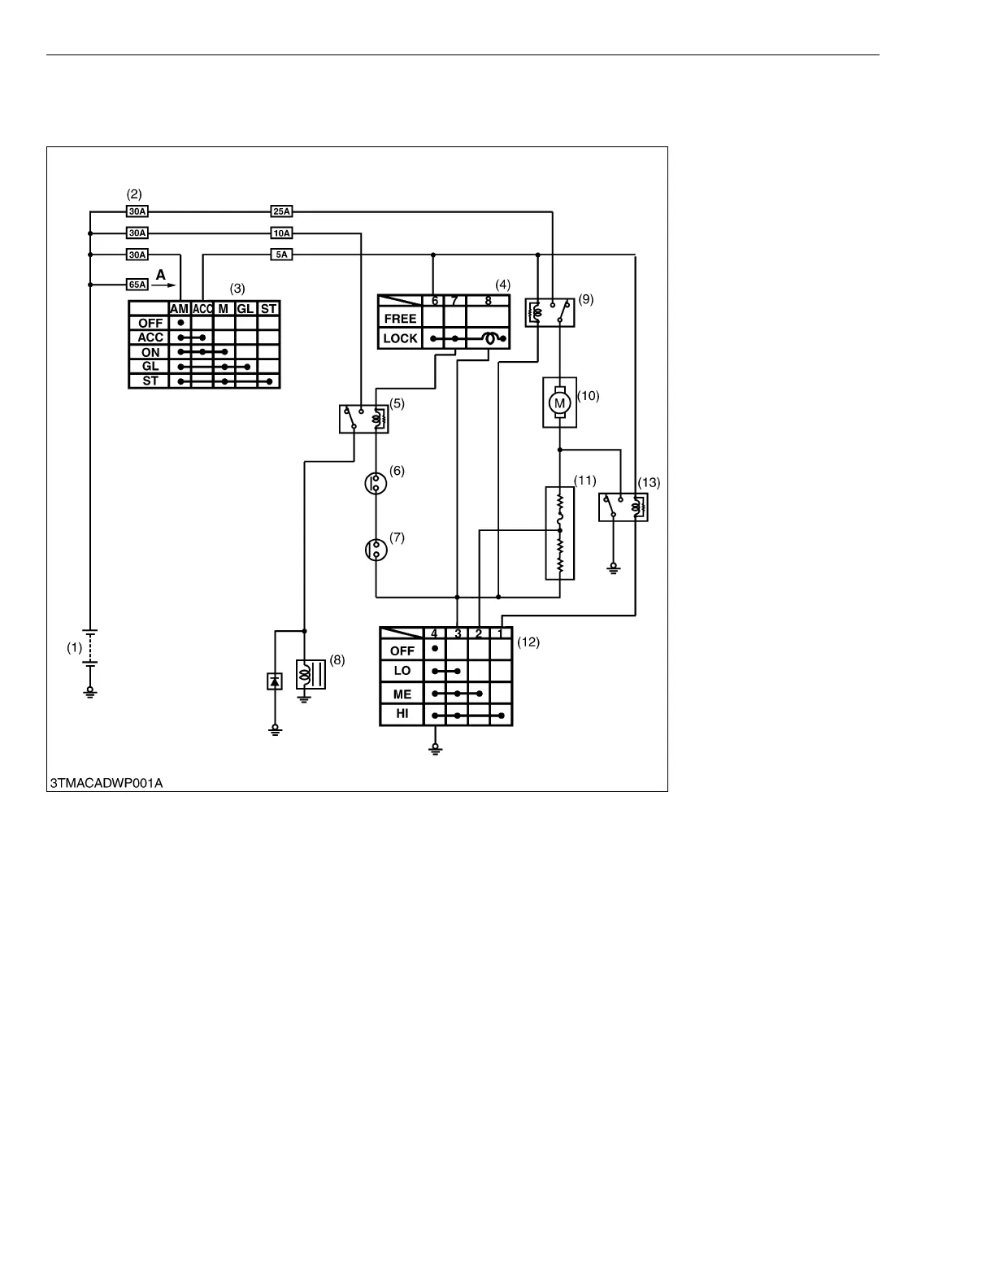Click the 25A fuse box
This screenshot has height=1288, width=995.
pyautogui.click(x=281, y=212)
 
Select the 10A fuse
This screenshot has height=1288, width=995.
pyautogui.click(x=281, y=233)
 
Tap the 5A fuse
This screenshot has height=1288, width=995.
pyautogui.click(x=281, y=255)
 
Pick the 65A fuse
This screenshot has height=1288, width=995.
pyautogui.click(x=137, y=285)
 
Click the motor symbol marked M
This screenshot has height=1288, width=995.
pyautogui.click(x=559, y=402)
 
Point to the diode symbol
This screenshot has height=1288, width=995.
pyautogui.click(x=275, y=681)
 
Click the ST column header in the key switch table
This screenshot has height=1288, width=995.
pyautogui.click(x=269, y=309)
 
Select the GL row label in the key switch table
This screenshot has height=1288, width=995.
pyautogui.click(x=150, y=367)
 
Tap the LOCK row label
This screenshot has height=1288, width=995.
pyautogui.click(x=400, y=338)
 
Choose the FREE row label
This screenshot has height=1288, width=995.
pyautogui.click(x=400, y=319)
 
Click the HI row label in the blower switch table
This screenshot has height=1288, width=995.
pyautogui.click(x=402, y=715)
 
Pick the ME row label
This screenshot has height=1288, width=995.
pyautogui.click(x=402, y=694)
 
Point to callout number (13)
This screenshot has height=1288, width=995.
pyautogui.click(x=649, y=482)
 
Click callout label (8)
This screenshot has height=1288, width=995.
pyautogui.click(x=337, y=660)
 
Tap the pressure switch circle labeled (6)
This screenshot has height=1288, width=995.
pyautogui.click(x=376, y=483)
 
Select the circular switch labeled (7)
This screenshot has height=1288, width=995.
pyautogui.click(x=376, y=550)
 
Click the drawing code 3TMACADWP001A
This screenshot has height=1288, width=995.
pyautogui.click(x=106, y=783)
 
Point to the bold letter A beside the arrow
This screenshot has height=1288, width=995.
pyautogui.click(x=161, y=276)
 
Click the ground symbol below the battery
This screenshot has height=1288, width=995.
pyautogui.click(x=90, y=693)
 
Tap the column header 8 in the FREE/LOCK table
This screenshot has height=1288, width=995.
pyautogui.click(x=488, y=301)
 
